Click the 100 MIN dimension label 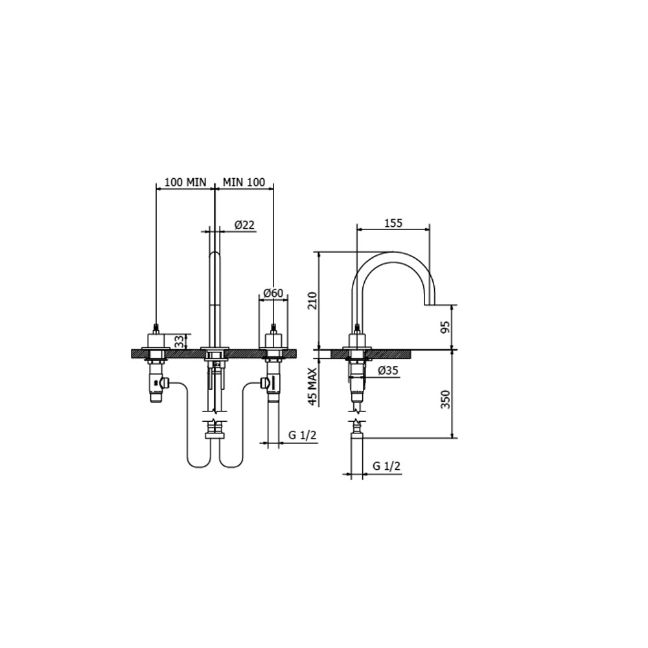[x=185, y=182]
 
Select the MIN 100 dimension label [x=244, y=182]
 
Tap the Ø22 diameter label [x=244, y=225]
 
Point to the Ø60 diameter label [x=273, y=293]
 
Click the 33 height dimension [x=179, y=341]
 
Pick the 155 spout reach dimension [x=393, y=223]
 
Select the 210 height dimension [x=312, y=301]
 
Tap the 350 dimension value [x=445, y=399]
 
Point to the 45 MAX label [x=312, y=386]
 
